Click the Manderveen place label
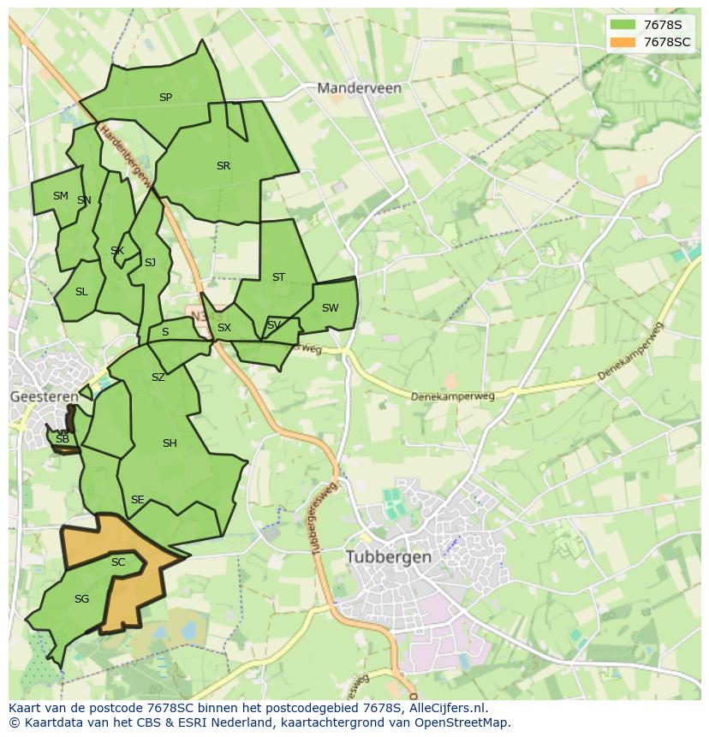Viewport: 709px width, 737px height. (x=359, y=87)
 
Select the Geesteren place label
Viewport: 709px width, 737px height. (x=44, y=396)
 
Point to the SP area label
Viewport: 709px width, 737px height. (x=165, y=98)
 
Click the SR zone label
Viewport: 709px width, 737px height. (x=223, y=166)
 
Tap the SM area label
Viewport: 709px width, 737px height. (x=60, y=196)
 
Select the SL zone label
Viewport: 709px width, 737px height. (x=81, y=292)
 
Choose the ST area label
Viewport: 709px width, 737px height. (x=278, y=277)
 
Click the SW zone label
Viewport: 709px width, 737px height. (x=330, y=308)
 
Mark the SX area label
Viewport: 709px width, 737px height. (x=224, y=328)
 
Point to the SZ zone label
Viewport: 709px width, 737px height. (x=158, y=377)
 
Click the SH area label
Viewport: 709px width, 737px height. (x=170, y=443)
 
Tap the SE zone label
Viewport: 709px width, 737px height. (x=137, y=500)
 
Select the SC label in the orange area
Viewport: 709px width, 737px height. (x=118, y=562)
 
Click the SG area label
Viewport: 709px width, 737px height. (x=81, y=599)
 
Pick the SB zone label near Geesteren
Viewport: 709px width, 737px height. (x=62, y=439)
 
